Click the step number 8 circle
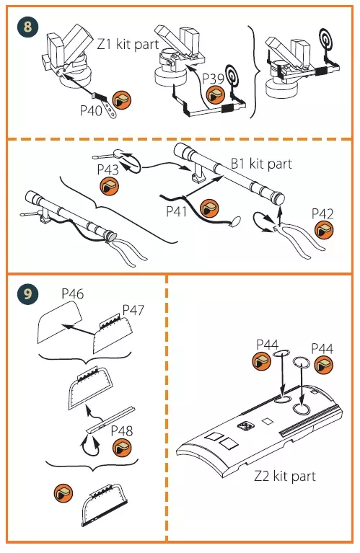27,27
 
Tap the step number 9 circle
27,293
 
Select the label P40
91,110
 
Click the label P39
213,79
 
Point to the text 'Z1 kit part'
128,45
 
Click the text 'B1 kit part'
262,164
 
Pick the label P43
108,169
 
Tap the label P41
177,211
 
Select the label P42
322,213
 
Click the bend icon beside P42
324,230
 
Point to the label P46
73,293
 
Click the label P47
133,310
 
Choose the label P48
122,430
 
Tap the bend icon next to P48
122,448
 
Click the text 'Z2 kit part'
285,476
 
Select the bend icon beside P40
121,99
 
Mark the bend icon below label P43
109,187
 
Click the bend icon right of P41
209,208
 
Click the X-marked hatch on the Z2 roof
246,426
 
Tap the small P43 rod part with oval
108,154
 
